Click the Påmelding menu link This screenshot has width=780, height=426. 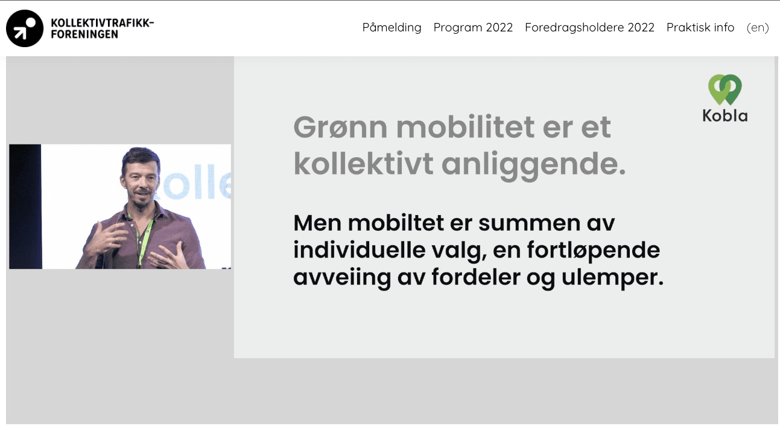coord(392,28)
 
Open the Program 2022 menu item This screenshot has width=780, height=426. coord(473,28)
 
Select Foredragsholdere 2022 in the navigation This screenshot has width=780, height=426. coord(589,28)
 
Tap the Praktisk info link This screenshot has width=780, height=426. coord(700,27)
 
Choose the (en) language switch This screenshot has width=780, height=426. coord(758,28)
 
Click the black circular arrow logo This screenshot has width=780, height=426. coord(25,28)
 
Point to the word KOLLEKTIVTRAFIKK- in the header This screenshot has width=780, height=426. coord(103,23)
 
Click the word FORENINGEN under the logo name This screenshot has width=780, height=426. coord(84,34)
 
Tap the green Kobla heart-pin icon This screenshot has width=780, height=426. coord(725,89)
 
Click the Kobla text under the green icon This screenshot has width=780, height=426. coord(725,116)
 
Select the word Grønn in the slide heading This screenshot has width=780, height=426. coord(341,127)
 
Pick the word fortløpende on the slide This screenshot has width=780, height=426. coord(594,251)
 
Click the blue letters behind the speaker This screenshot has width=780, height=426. coord(195,183)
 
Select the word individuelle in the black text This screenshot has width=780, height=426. coord(360,250)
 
